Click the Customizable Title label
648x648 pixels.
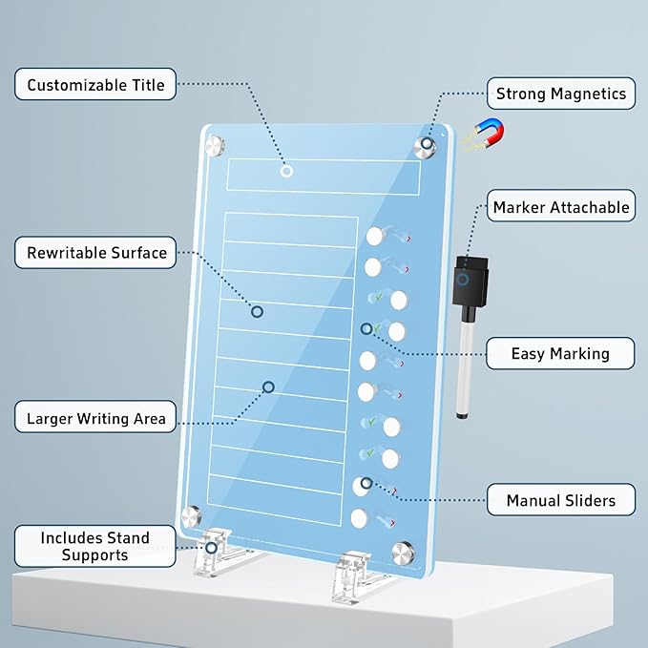click(95, 85)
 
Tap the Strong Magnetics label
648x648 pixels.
click(561, 94)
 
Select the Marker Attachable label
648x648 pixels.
click(560, 207)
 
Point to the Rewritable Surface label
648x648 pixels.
click(96, 253)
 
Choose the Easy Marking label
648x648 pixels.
click(560, 353)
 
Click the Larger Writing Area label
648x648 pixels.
click(95, 418)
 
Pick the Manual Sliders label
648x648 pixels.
click(560, 500)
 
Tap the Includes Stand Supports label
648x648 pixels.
click(94, 546)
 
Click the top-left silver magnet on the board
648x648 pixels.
click(216, 146)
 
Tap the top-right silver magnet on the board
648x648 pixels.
click(425, 146)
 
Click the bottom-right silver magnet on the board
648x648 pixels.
click(404, 552)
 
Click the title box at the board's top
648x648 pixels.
click(324, 177)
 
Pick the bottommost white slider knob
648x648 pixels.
click(359, 519)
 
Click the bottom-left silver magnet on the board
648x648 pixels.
click(192, 516)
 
